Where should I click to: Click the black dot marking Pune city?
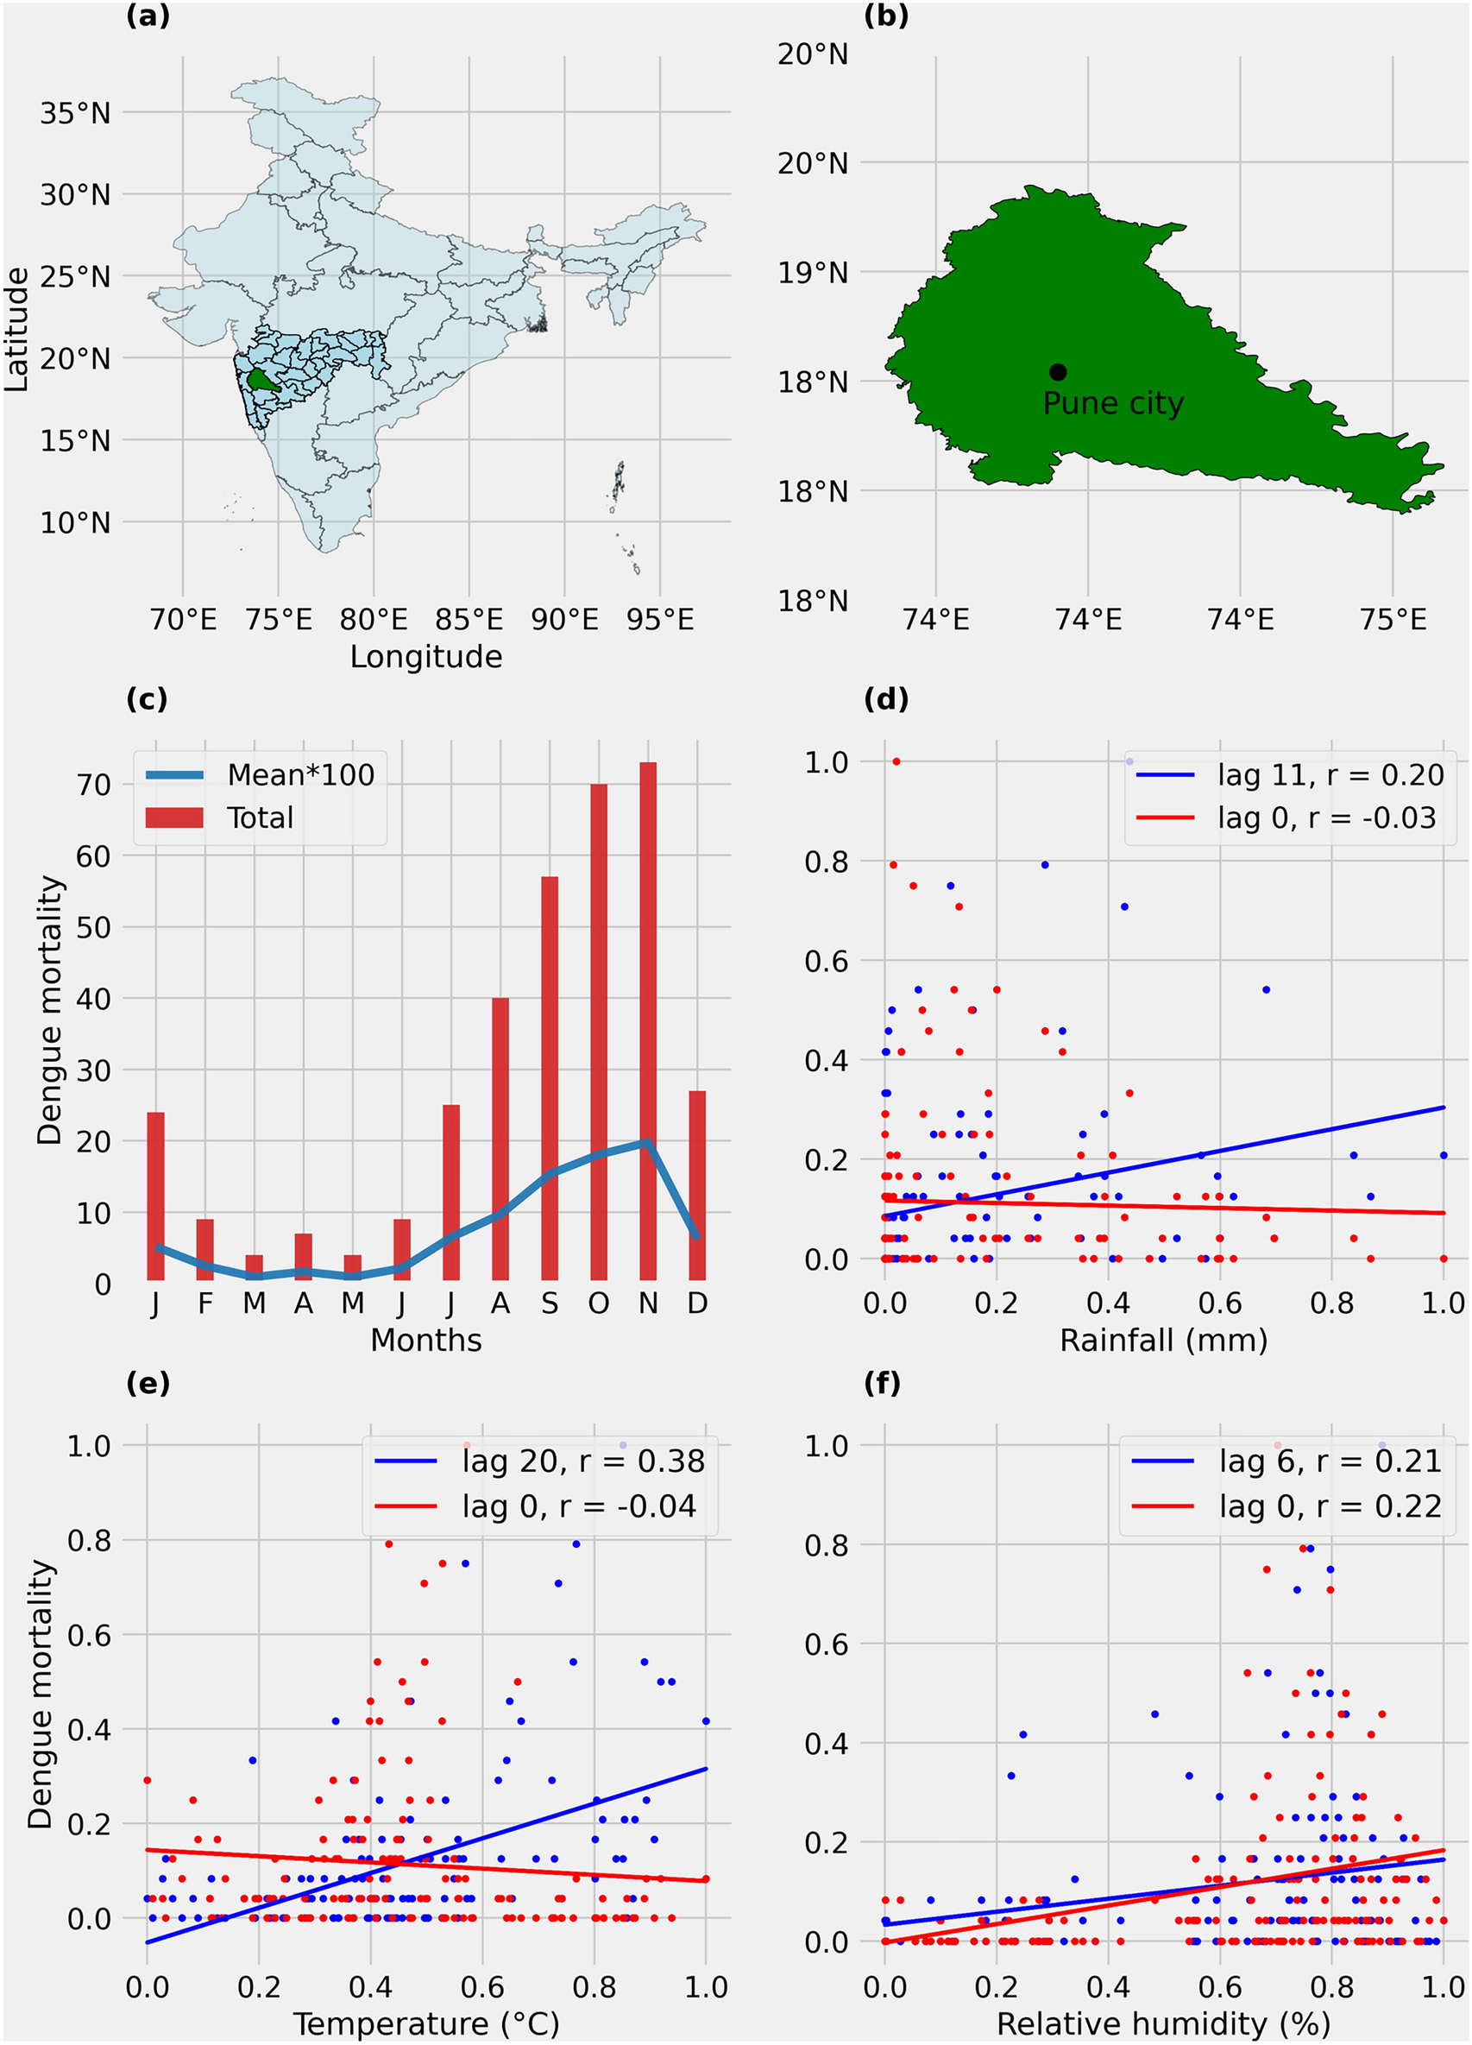point(1057,371)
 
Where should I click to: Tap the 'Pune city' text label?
point(1112,403)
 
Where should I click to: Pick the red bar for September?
point(549,1077)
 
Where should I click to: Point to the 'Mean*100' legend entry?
point(300,774)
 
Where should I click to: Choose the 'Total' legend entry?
point(260,817)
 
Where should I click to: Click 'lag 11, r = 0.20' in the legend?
point(1330,774)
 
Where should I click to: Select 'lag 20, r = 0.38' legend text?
point(582,1461)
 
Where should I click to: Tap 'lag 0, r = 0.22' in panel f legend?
point(1330,1505)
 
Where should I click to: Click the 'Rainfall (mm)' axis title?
point(1163,1340)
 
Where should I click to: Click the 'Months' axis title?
point(425,1340)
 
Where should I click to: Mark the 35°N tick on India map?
point(75,113)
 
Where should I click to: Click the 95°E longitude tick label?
point(660,620)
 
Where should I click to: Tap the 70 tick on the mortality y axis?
point(93,785)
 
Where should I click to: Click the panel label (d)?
point(885,699)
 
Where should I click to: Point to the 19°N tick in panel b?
point(812,272)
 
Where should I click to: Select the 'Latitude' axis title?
point(16,329)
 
